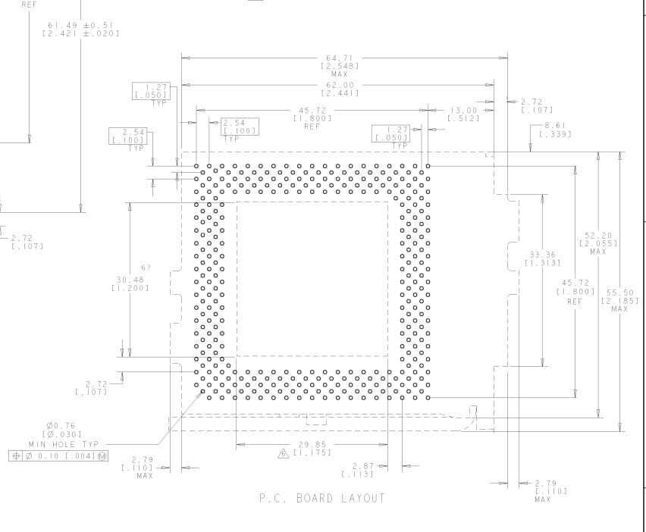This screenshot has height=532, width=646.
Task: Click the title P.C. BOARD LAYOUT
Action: pos(321,499)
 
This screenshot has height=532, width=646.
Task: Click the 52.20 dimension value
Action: pos(598,236)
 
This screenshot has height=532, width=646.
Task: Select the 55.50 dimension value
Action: pos(619,293)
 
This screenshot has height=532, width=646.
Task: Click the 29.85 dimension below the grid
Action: pos(312,445)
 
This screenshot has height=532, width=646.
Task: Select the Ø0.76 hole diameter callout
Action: pos(61,426)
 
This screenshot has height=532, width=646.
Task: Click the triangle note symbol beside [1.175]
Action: pos(284,453)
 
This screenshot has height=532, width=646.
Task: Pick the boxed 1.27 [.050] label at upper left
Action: pos(152,91)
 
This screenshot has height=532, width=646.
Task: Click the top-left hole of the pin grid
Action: pos(196,166)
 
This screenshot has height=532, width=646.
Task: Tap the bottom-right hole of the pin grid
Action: pos(428,398)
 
